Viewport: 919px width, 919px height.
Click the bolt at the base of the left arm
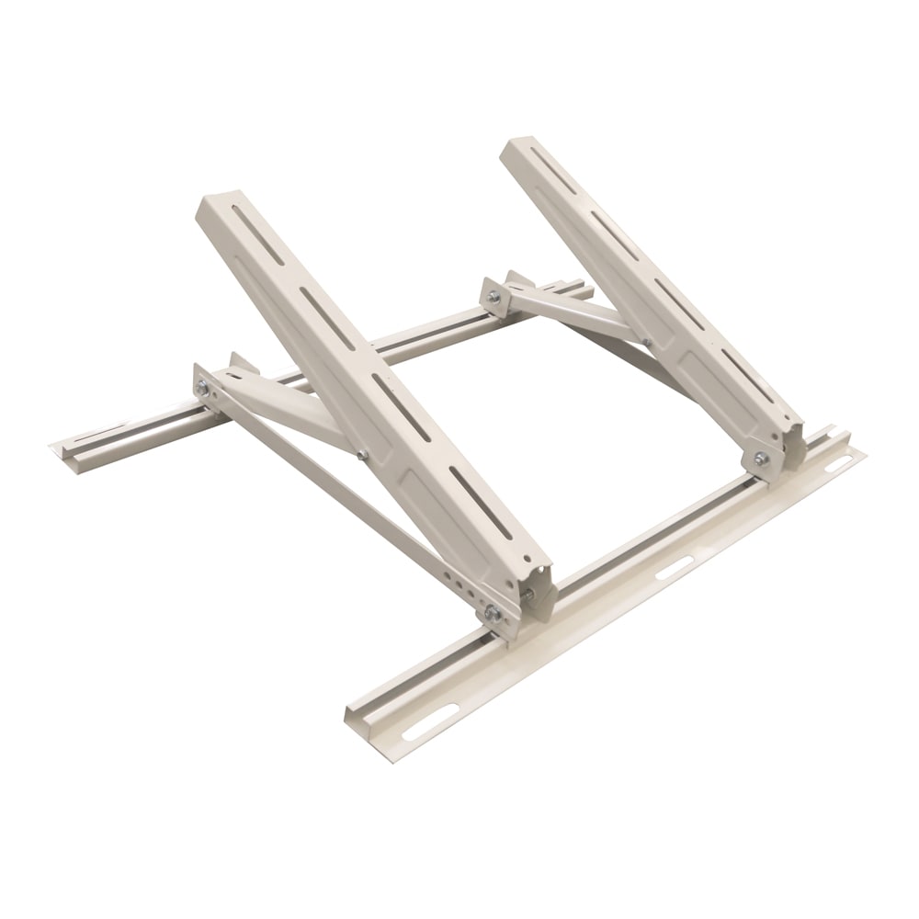point(494,613)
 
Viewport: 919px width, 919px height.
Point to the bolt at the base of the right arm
point(761,457)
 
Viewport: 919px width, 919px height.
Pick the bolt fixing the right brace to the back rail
point(494,297)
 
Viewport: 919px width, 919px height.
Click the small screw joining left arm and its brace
point(362,453)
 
